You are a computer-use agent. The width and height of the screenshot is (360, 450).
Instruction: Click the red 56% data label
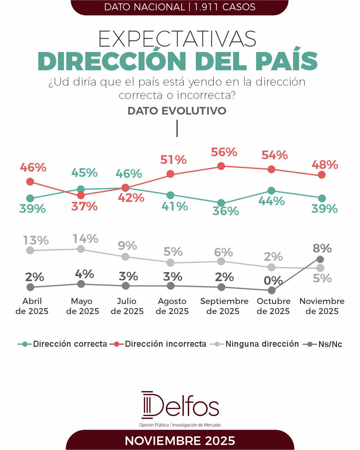[x=224, y=152]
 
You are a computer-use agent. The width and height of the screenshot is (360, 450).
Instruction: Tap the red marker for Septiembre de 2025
[x=221, y=166]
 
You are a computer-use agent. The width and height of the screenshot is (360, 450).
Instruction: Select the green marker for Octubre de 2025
[x=271, y=191]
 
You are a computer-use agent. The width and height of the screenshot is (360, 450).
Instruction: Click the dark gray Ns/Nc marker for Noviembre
[x=320, y=259]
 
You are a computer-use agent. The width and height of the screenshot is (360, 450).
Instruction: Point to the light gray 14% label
[x=86, y=238]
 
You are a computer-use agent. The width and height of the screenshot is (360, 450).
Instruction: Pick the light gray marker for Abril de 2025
[x=30, y=250]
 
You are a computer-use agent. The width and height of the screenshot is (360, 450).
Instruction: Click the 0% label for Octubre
[x=273, y=281]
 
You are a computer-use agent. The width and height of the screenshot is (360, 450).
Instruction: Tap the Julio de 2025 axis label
[x=127, y=306]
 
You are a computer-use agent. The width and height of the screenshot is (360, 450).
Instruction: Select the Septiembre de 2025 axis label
[x=224, y=306]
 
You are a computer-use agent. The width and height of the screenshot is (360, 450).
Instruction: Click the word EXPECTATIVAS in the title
[x=178, y=39]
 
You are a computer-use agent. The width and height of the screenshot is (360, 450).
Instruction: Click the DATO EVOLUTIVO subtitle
[x=177, y=111]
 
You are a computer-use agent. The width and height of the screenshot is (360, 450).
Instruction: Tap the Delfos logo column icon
[x=147, y=405]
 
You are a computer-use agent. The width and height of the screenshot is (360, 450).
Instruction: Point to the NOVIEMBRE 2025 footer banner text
[x=180, y=441]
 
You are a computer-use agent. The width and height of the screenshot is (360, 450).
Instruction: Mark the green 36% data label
[x=225, y=211]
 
